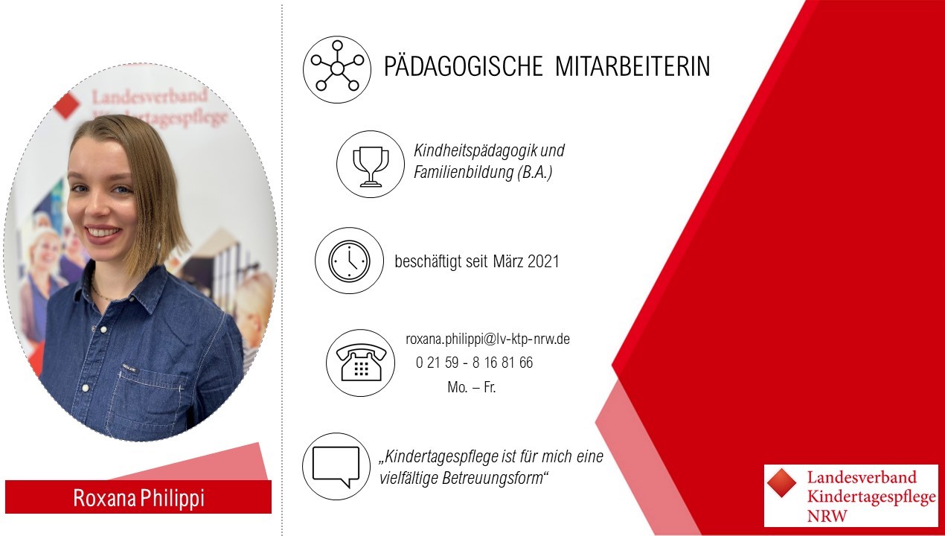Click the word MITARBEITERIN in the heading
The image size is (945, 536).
click(x=632, y=66)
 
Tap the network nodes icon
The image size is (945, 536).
click(x=337, y=69)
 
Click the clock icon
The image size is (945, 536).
click(x=349, y=261)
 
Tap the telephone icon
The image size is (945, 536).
click(x=361, y=363)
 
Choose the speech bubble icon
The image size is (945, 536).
click(x=336, y=466)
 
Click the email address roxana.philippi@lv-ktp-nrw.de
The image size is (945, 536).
click(x=487, y=339)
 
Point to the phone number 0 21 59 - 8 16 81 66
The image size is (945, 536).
click(x=474, y=363)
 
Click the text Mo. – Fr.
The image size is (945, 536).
click(x=472, y=387)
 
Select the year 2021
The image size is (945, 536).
click(x=543, y=261)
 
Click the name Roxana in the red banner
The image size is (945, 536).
click(x=105, y=498)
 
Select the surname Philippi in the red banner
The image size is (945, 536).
click(x=172, y=499)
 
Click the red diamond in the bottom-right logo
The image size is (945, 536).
click(x=782, y=483)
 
